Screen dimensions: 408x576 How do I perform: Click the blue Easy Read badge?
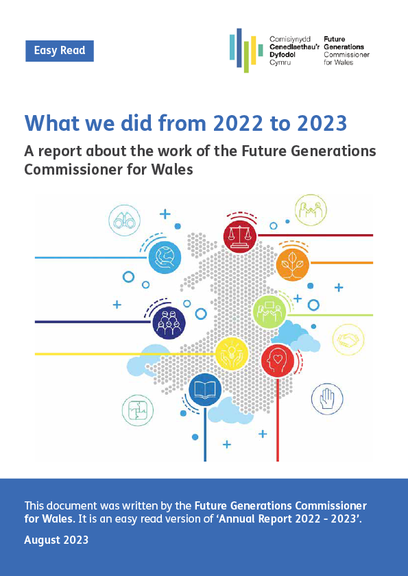coord(60,51)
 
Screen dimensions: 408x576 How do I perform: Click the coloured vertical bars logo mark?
coord(246,50)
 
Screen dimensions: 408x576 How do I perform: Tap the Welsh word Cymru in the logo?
coord(280,62)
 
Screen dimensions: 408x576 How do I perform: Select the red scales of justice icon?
coord(240,236)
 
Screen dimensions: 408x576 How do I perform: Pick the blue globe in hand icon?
coord(165,257)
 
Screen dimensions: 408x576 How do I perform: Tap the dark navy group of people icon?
coord(169,322)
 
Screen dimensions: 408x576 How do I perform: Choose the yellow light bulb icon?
coord(231,353)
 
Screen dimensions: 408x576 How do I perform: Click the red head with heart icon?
coord(278,361)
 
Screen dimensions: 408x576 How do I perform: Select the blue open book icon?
coord(205,390)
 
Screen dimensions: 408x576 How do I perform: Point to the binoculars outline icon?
coord(124,221)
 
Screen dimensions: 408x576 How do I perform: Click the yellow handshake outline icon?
coord(348,340)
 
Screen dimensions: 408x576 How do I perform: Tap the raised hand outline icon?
coord(327,399)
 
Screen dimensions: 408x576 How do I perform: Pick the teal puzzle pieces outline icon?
coord(138,411)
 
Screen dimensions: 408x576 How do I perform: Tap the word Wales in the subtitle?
coord(175,170)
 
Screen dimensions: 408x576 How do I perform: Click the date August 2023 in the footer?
coord(56,540)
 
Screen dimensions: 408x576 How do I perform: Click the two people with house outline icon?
coord(311,210)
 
